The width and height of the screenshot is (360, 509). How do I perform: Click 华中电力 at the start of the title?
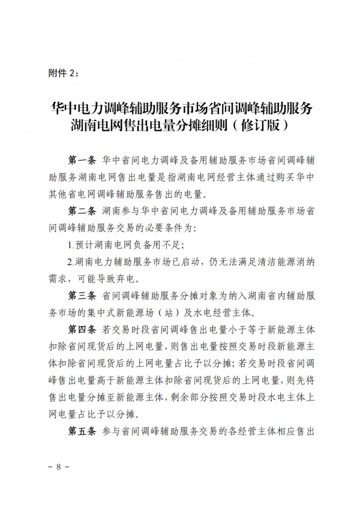tap(74, 109)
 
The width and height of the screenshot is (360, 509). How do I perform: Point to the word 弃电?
tap(130, 279)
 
